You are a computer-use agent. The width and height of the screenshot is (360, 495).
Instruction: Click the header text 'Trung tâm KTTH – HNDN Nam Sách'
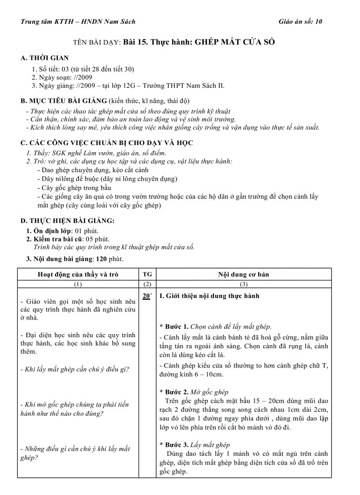point(78,22)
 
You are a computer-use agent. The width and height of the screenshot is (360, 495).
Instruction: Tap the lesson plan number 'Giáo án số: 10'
point(300,22)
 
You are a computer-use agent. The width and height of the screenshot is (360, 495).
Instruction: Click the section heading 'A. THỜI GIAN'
point(45,58)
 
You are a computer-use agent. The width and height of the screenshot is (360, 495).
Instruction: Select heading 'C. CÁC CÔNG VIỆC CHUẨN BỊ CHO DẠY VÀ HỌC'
point(107,143)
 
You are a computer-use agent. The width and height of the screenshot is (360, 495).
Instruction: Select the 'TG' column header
point(147,274)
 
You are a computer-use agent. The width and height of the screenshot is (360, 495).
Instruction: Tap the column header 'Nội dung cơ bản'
point(244,274)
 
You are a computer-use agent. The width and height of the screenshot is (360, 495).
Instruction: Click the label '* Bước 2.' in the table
point(174,392)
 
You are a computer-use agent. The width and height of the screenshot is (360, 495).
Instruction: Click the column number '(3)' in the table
point(244,284)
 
